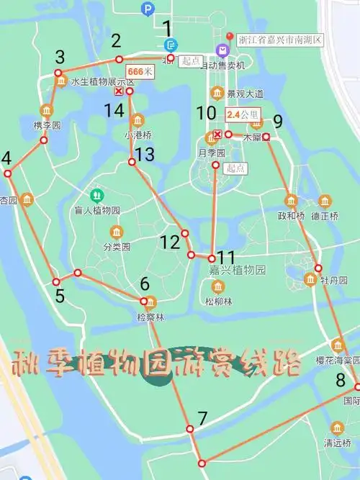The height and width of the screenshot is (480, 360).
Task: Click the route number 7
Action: point(202,417)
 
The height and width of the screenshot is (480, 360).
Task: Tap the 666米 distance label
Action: point(140,72)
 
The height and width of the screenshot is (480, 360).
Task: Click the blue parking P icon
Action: point(148,9)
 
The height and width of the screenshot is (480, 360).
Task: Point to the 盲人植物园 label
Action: point(96,210)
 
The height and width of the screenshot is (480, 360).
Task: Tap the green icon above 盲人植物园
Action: point(96,195)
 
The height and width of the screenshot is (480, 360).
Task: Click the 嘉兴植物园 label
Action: point(238,271)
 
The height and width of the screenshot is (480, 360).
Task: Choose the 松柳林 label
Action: point(218,301)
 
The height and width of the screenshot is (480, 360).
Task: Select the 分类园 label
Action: point(116,246)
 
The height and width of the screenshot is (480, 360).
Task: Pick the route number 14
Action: point(114,110)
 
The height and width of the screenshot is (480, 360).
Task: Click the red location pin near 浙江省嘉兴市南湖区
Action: point(230,37)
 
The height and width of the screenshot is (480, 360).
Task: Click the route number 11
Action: point(226,257)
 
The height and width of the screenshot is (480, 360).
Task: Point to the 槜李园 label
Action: point(47,125)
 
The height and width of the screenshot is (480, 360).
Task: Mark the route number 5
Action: point(59,296)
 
